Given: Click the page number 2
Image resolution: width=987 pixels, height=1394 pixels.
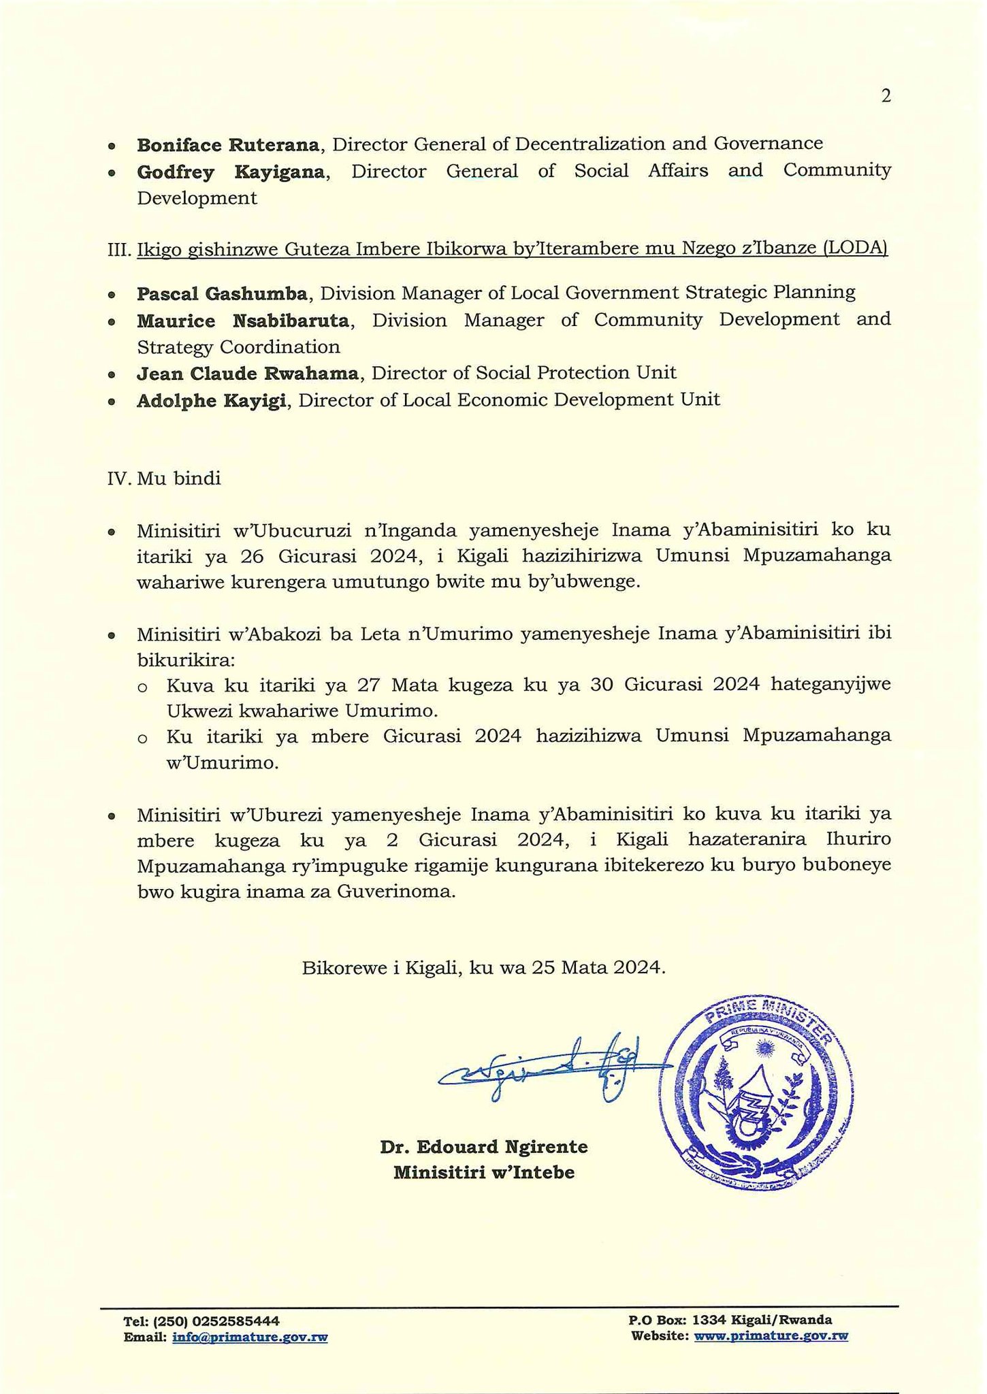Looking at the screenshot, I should coord(886,97).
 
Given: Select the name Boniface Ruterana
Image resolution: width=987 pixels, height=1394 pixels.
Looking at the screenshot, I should coord(228,144).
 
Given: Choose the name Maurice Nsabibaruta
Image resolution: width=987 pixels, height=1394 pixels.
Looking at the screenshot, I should coord(243,320).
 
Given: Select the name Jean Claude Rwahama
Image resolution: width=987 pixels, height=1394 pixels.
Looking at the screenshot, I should coord(248,373).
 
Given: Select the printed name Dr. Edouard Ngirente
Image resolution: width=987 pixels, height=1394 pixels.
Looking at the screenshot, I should coord(483,1147).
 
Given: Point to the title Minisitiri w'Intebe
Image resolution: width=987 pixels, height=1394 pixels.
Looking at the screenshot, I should coord(483,1173).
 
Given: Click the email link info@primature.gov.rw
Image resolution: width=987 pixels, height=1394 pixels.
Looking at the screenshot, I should coord(250,1337).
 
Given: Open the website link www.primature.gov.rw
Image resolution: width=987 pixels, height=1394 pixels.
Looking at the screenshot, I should coord(771,1335).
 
